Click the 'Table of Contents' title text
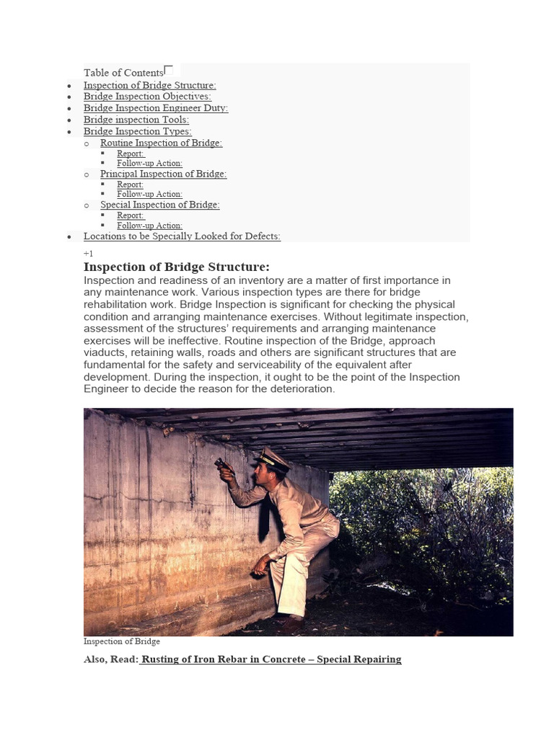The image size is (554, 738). coord(123,73)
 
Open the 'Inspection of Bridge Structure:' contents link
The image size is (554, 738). coord(149,85)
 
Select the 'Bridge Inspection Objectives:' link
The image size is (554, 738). coord(147,97)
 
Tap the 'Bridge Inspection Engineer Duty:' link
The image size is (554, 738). coord(156,108)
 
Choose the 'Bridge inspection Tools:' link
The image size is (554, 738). coord(136,120)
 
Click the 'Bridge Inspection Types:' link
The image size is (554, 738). coord(138,131)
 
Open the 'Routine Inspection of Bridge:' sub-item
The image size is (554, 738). coord(161,143)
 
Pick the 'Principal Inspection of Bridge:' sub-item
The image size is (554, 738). coord(163,174)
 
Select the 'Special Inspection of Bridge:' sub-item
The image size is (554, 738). coord(159,205)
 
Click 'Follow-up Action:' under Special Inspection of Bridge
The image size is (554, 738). coord(149,226)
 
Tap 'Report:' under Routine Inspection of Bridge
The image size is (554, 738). coord(131,154)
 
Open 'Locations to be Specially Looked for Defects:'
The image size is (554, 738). coord(182,236)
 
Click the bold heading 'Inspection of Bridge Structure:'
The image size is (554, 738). coord(177,267)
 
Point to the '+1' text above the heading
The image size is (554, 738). coord(88,254)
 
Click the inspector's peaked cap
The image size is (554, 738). coord(273,457)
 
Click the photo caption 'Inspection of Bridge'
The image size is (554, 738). coord(121,641)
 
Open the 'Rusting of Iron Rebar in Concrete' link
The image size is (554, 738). coord(271,659)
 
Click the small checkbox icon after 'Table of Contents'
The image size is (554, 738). coord(169,70)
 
